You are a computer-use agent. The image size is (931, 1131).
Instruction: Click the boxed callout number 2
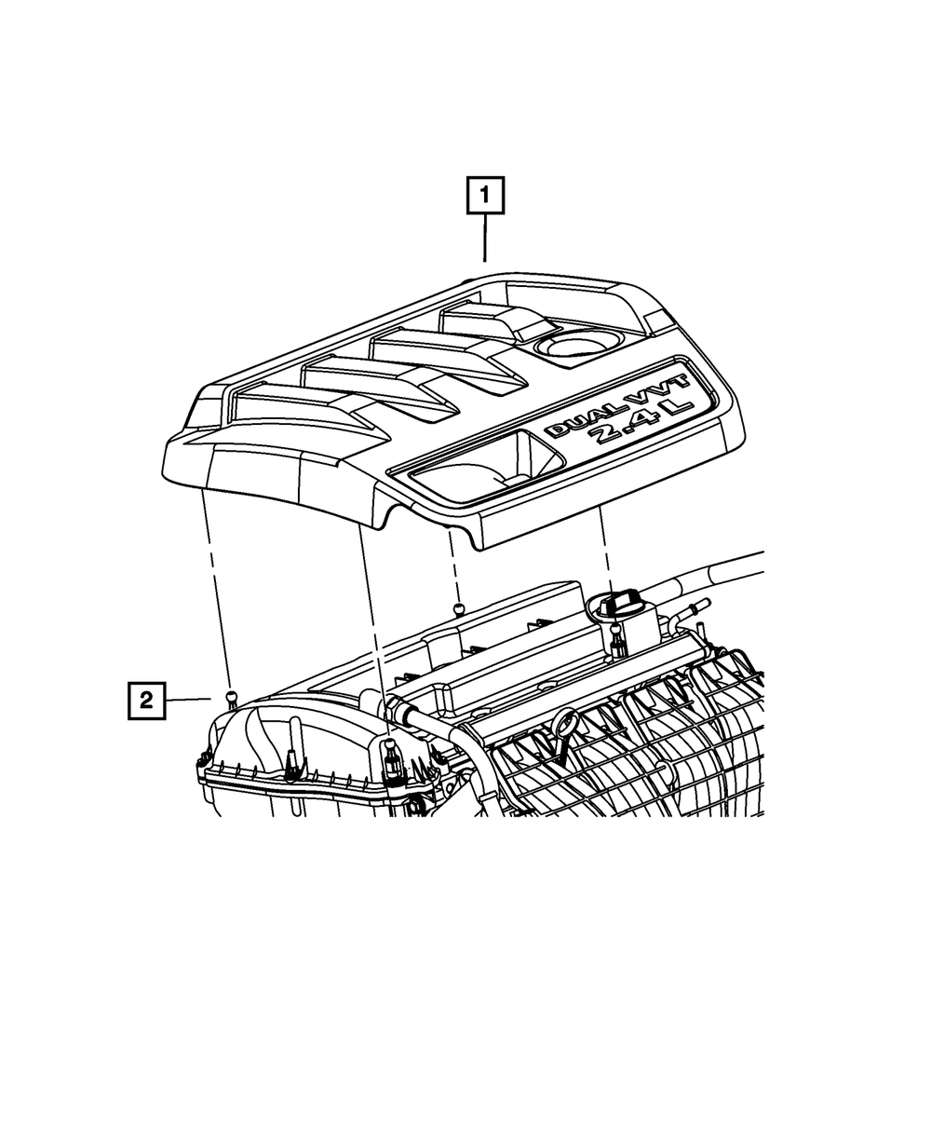[x=146, y=699]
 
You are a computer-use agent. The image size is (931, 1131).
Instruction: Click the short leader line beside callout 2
[x=189, y=699]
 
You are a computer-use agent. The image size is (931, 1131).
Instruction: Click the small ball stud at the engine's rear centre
[x=458, y=609]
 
